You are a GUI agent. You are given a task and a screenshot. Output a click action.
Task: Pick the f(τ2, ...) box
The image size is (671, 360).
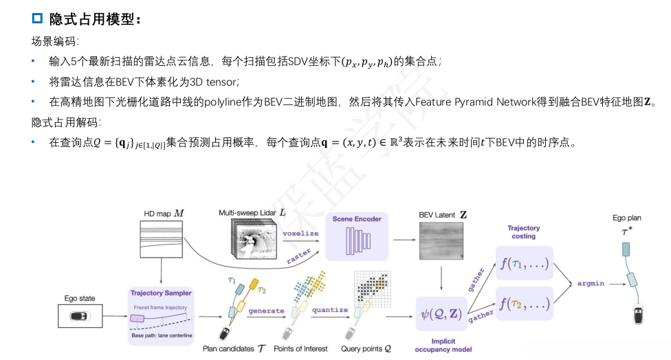pyautogui.click(x=524, y=303)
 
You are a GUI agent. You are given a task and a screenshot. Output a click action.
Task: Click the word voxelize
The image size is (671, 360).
pyautogui.click(x=300, y=234)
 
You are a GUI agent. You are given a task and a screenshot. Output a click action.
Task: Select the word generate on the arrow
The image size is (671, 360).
pyautogui.click(x=266, y=311)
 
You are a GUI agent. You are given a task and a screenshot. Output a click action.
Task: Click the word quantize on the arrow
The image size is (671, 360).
pyautogui.click(x=330, y=310)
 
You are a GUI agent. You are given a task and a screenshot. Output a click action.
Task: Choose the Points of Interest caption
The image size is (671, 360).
pyautogui.click(x=301, y=349)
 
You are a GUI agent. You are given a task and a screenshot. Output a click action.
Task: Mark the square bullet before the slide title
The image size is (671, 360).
pyautogui.click(x=38, y=19)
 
